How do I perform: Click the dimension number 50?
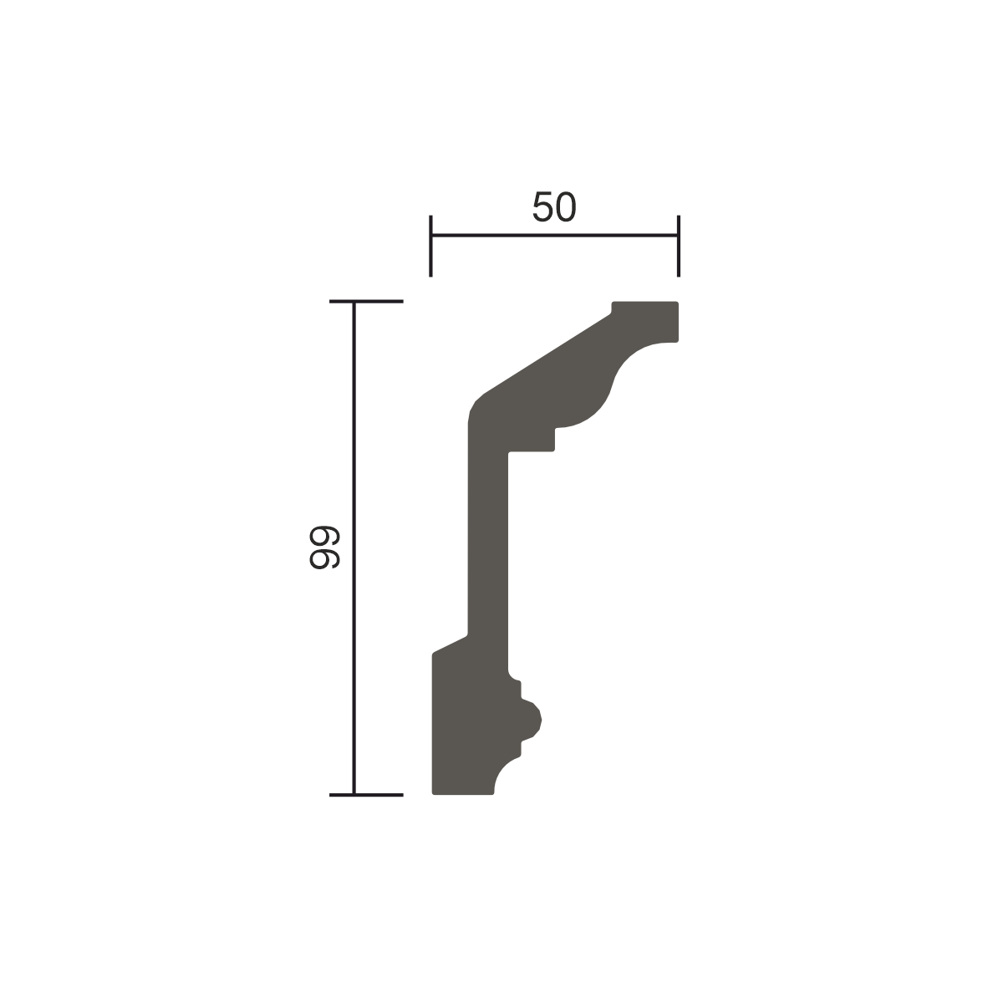coord(554,206)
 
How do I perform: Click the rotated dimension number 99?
coord(324,547)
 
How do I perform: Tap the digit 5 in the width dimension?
coord(542,206)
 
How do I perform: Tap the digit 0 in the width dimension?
coord(567,206)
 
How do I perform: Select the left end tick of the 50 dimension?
coord(431,246)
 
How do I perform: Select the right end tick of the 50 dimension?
coord(679,246)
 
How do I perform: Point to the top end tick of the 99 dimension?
coord(366,301)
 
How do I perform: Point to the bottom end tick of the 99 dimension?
coord(366,795)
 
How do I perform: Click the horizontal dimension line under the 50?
coord(554,235)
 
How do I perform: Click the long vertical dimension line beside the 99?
coord(354,548)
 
